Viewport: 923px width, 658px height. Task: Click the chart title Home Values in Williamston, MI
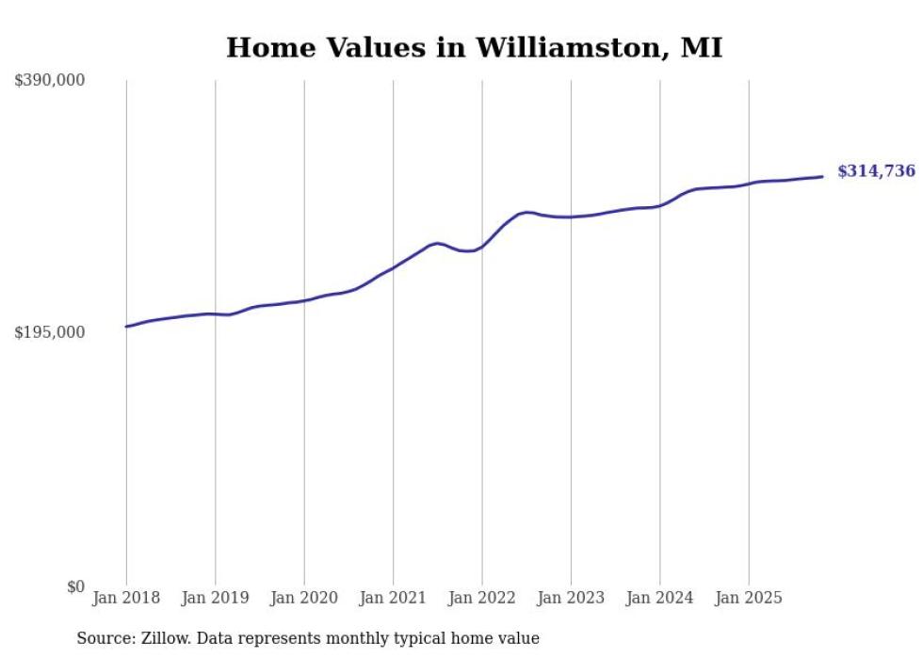pyautogui.click(x=474, y=47)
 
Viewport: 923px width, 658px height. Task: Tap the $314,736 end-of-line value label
pyautogui.click(x=876, y=171)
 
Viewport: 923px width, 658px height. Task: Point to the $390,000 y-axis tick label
pyautogui.click(x=50, y=81)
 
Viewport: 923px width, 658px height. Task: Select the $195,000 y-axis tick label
pyautogui.click(x=50, y=333)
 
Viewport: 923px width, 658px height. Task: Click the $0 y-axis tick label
pyautogui.click(x=75, y=586)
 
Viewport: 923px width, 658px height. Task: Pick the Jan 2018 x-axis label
pyautogui.click(x=126, y=598)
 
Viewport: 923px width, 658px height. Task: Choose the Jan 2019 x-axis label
pyautogui.click(x=216, y=598)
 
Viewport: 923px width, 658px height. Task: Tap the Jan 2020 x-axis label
pyautogui.click(x=304, y=598)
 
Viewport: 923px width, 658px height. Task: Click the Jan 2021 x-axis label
pyautogui.click(x=394, y=598)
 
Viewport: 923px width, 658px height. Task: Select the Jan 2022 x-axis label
pyautogui.click(x=482, y=598)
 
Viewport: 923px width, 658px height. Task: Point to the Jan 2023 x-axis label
pyautogui.click(x=571, y=598)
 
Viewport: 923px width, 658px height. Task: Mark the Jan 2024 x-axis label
pyautogui.click(x=660, y=598)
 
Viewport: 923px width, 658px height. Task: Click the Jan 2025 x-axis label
pyautogui.click(x=749, y=598)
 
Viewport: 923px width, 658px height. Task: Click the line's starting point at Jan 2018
pyautogui.click(x=126, y=327)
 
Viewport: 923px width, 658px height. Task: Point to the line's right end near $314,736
pyautogui.click(x=822, y=176)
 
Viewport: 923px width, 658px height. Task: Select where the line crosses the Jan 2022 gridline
pyautogui.click(x=482, y=247)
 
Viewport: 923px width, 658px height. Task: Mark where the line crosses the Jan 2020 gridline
pyautogui.click(x=304, y=300)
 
